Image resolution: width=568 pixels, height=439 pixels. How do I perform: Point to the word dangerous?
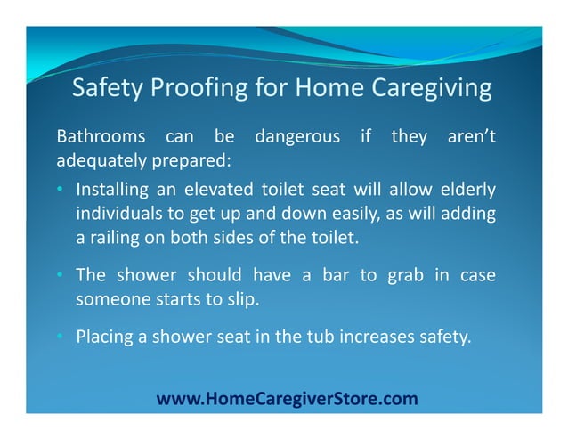(297, 138)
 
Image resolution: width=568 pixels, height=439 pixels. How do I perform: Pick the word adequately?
(95, 163)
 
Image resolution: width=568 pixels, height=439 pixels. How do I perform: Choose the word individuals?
(115, 214)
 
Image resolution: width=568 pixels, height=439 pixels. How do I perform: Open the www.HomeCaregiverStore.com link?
(287, 398)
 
